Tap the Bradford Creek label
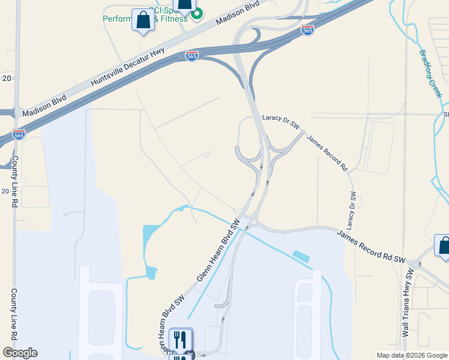point(430,73)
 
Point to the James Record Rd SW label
point(371,246)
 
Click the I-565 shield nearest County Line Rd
point(19,135)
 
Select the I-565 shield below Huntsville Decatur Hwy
point(191,56)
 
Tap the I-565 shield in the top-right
point(307,29)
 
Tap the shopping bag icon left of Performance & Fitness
point(143,20)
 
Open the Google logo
point(20,353)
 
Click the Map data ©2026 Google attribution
point(411,355)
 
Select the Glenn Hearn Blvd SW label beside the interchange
point(218,251)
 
